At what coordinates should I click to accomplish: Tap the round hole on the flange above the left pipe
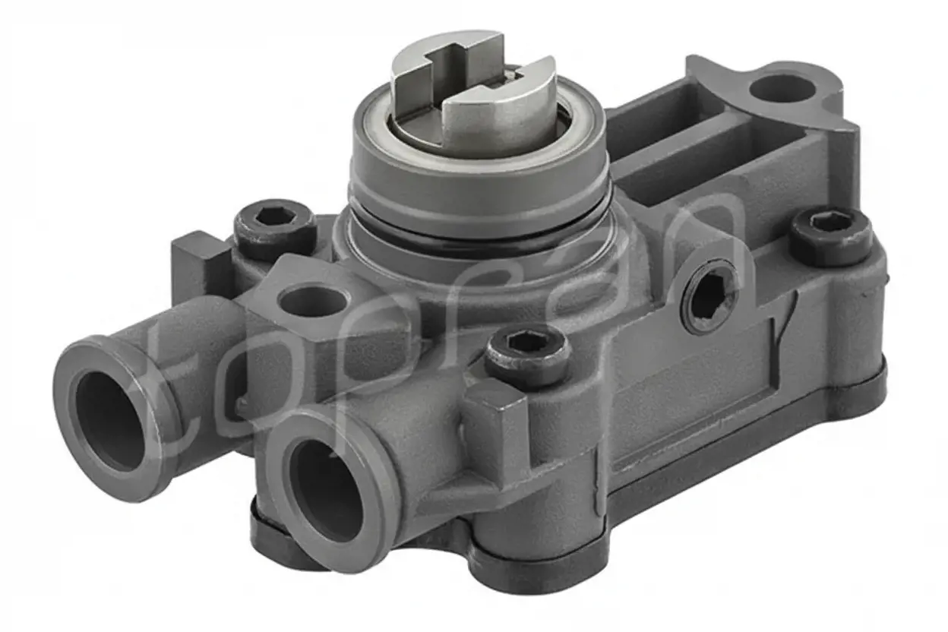click(x=313, y=302)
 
